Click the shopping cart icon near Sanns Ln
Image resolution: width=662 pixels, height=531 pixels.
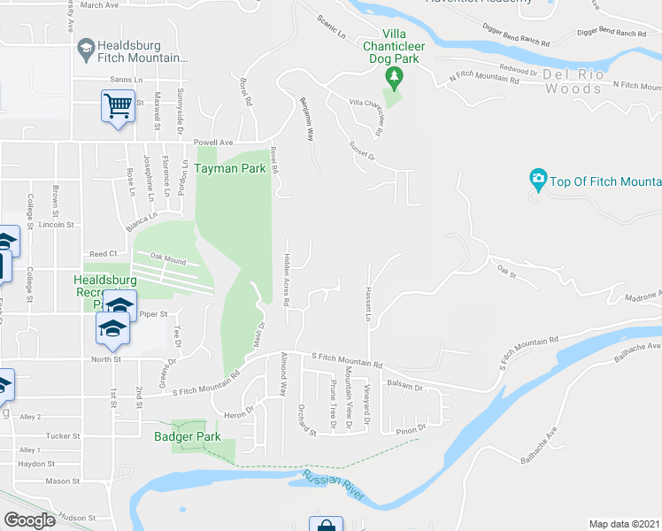point(118,107)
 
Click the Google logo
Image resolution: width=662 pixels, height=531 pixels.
point(28,519)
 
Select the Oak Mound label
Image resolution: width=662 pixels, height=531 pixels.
point(168,260)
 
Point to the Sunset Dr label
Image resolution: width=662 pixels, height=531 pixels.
point(362,150)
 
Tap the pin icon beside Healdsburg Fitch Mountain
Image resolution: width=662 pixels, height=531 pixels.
point(86,50)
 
